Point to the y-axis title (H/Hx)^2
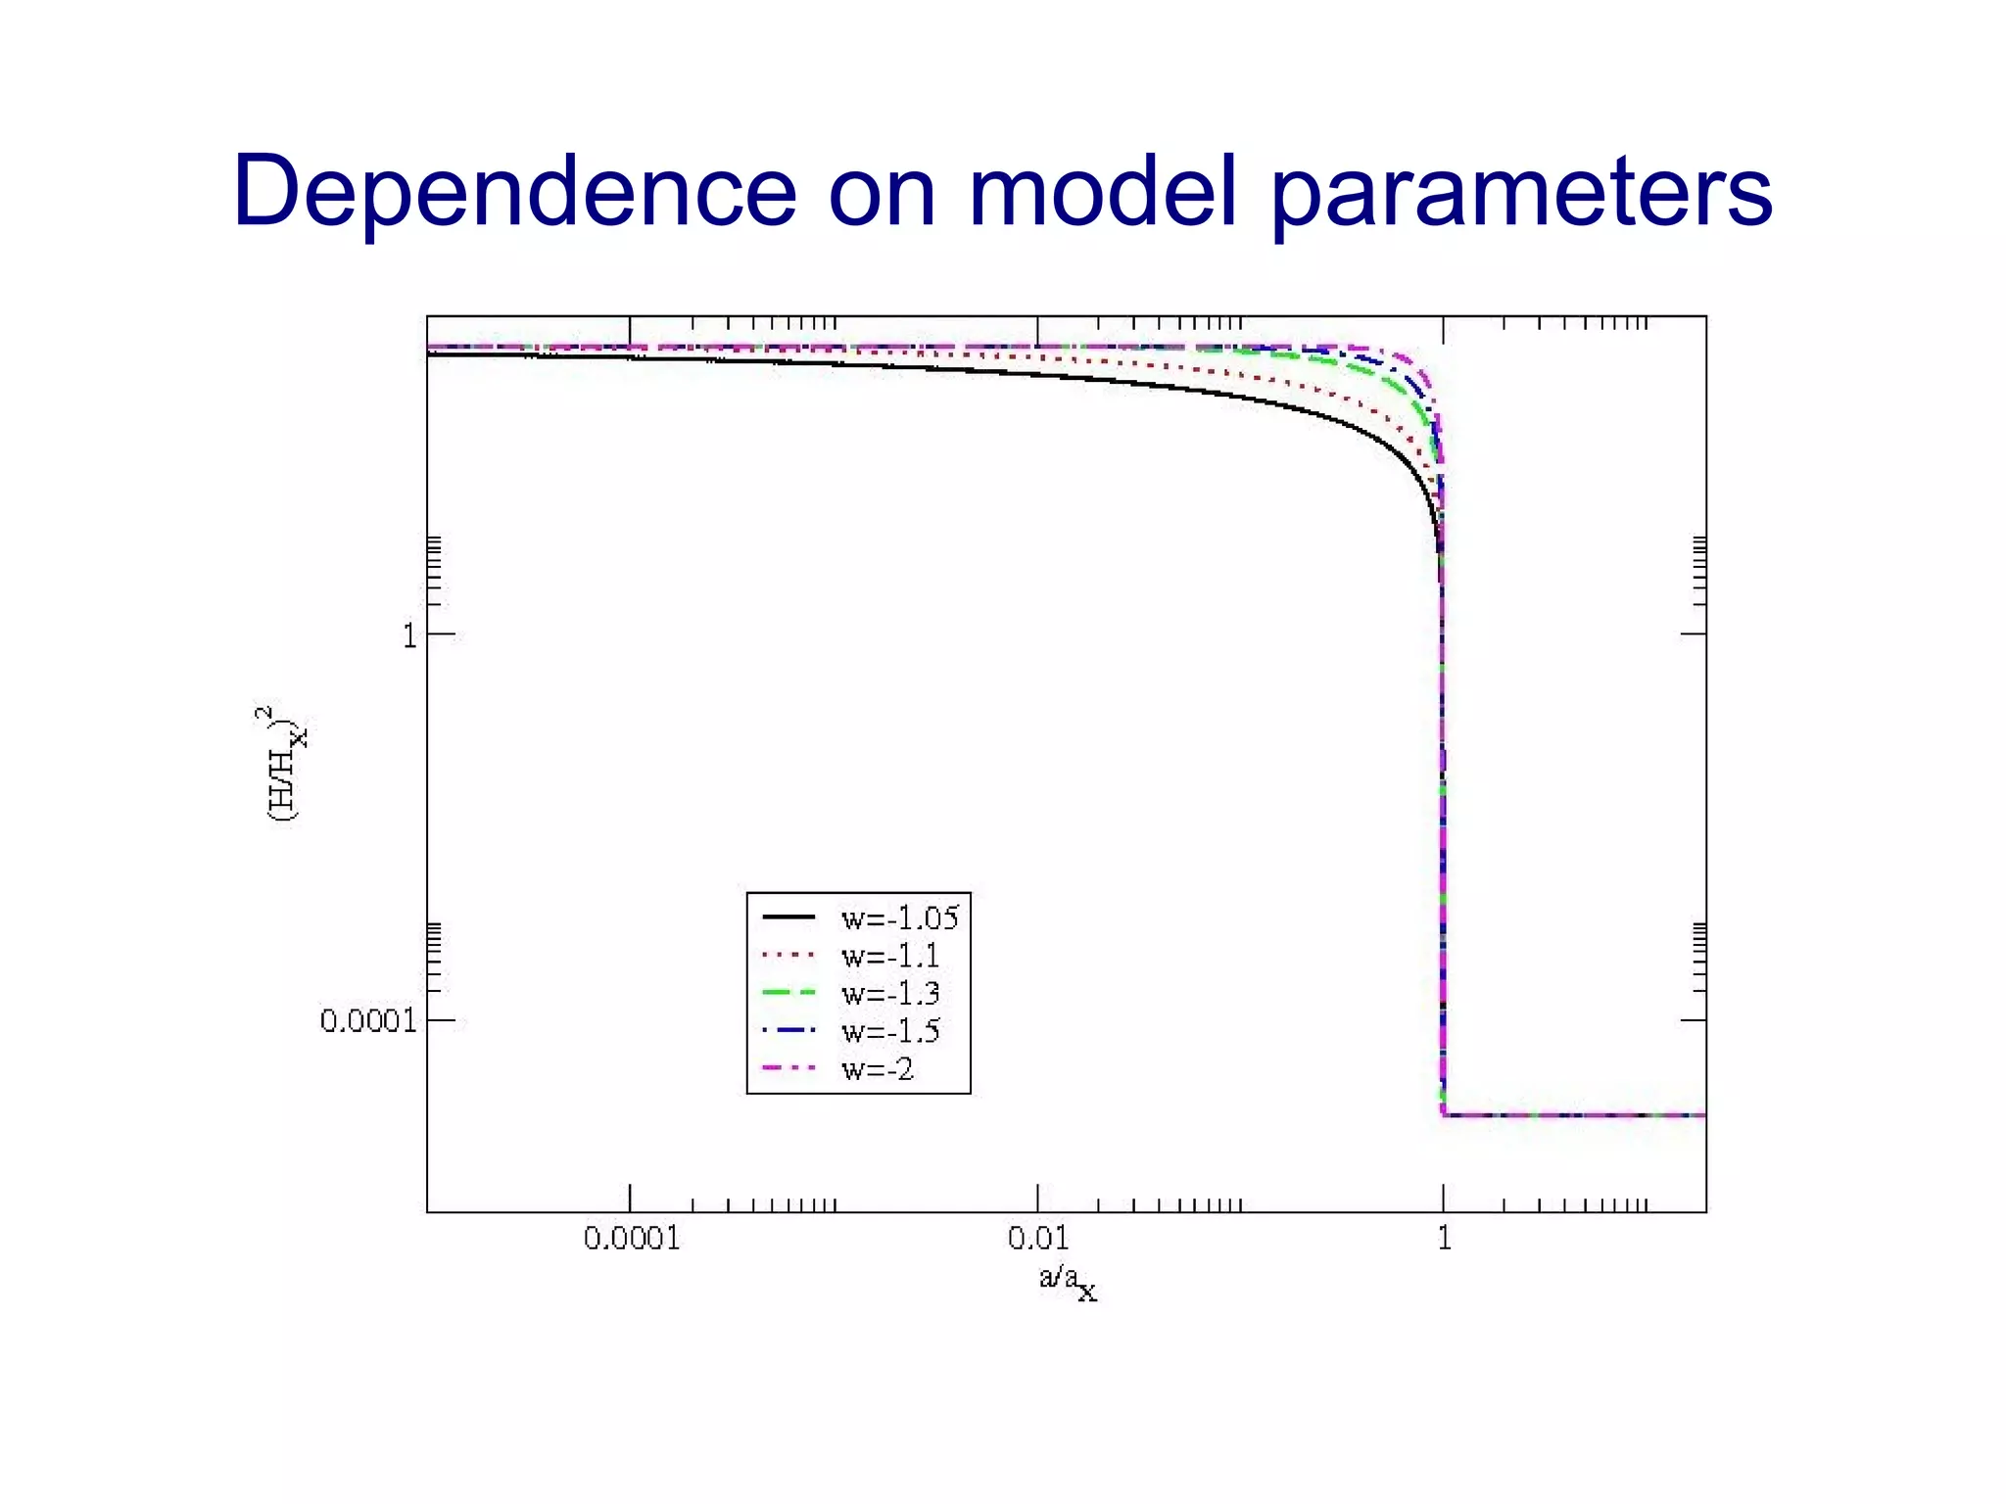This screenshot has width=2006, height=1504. tap(283, 764)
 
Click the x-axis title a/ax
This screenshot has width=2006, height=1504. tap(1067, 1281)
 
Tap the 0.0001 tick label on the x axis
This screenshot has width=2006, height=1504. tap(631, 1239)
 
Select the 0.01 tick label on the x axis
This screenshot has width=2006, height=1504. tap(1037, 1239)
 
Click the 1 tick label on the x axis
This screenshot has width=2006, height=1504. tap(1443, 1239)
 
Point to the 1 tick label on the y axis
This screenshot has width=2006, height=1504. tap(409, 636)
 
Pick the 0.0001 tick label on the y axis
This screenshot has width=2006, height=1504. tap(368, 1021)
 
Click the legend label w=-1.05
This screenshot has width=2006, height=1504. tap(899, 917)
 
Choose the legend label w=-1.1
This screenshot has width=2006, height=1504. tap(889, 956)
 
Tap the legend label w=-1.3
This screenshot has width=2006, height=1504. tap(889, 993)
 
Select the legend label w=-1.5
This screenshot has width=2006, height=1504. tap(889, 1031)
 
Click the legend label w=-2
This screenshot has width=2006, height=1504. tap(877, 1069)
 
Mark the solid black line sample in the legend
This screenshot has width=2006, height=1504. tap(788, 916)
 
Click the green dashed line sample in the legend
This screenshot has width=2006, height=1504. tap(788, 993)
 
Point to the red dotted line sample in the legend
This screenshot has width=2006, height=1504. tap(788, 955)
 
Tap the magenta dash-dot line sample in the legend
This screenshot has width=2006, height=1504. tap(788, 1068)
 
